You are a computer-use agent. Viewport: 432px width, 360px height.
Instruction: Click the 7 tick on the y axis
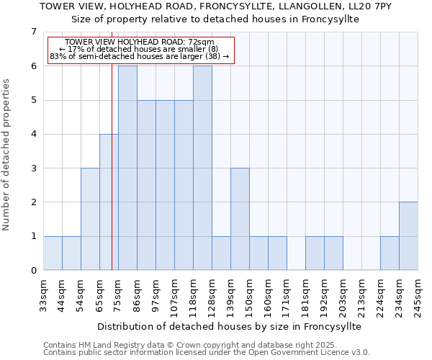click(x=33, y=32)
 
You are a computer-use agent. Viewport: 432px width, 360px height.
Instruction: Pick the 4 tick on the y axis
click(x=33, y=134)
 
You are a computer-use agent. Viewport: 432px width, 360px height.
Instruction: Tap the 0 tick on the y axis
click(x=33, y=271)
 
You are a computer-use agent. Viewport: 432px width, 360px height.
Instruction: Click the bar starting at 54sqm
click(x=90, y=219)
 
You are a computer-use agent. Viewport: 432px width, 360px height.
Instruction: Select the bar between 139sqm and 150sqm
click(x=240, y=219)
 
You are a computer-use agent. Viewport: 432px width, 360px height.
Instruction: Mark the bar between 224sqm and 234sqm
click(x=390, y=253)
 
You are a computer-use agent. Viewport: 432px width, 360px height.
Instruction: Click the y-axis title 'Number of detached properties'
click(x=6, y=154)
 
